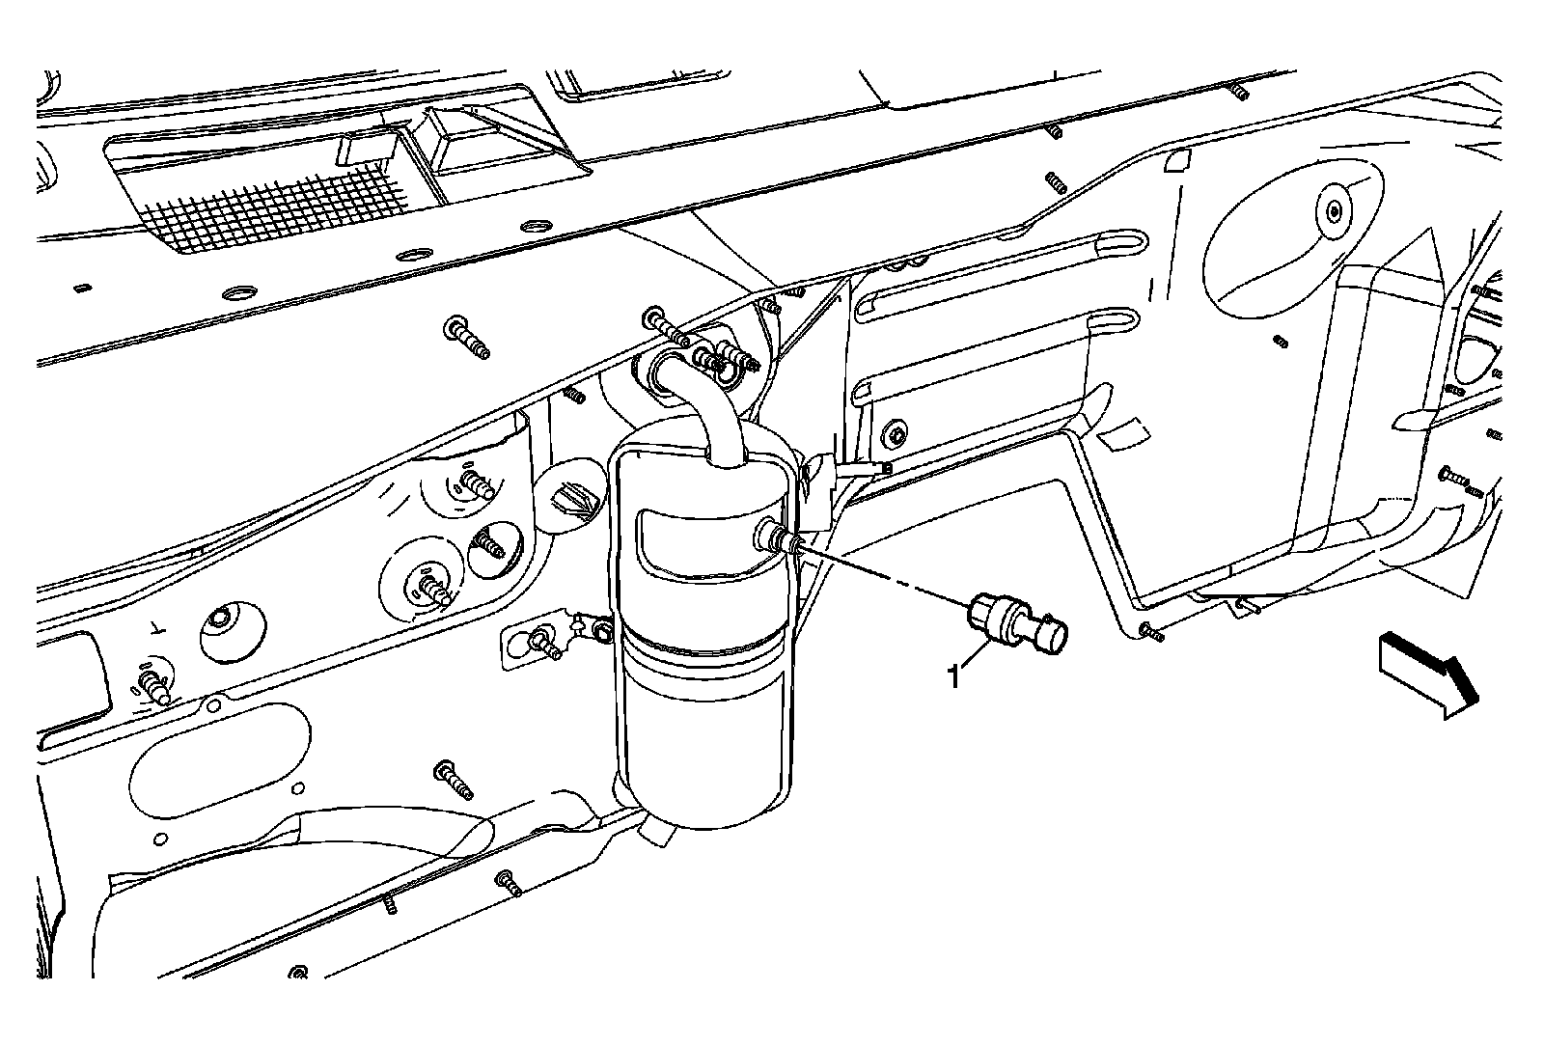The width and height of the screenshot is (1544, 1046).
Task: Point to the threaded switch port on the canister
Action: click(x=777, y=537)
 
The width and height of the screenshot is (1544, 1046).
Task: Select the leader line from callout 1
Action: click(x=975, y=655)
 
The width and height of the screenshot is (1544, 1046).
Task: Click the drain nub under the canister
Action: click(x=655, y=831)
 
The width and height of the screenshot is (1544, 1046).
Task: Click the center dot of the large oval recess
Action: click(x=1333, y=211)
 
